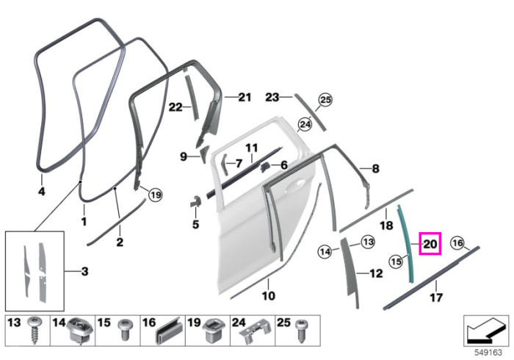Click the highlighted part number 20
pos(430,244)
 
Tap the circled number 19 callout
pos(155,195)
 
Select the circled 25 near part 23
pos(325,100)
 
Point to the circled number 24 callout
pos(305,125)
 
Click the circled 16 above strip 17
pos(457,243)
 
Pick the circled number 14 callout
pos(325,252)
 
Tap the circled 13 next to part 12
pos(368,242)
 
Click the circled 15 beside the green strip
pos(396,262)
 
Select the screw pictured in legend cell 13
pos(34,330)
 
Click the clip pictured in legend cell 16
pos(169,331)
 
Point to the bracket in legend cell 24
pos(254,332)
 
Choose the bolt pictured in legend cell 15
pos(125,329)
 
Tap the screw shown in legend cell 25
pos(300,331)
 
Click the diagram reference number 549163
pos(488,353)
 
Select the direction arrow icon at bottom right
pos(486,330)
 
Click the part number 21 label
pos(245,98)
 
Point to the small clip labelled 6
pos(265,168)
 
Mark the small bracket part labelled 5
pos(195,201)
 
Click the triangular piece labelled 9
pos(204,154)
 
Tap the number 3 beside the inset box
pos(84,272)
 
